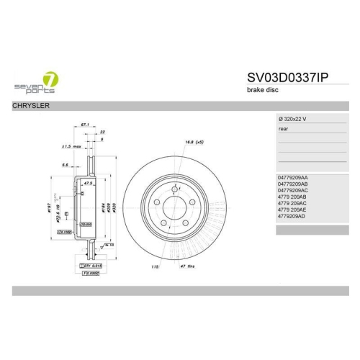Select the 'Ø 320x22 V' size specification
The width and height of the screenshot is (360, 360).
point(292,118)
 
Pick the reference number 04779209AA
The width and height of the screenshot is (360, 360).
point(292,177)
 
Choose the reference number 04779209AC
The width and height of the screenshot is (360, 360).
point(292,190)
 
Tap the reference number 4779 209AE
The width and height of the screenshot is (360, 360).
point(292,210)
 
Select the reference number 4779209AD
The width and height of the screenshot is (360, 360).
point(292,216)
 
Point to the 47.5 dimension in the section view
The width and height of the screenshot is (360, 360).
point(89,184)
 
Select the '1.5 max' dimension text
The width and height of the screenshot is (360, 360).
point(72,146)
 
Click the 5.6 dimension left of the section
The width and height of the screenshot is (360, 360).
point(66,165)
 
